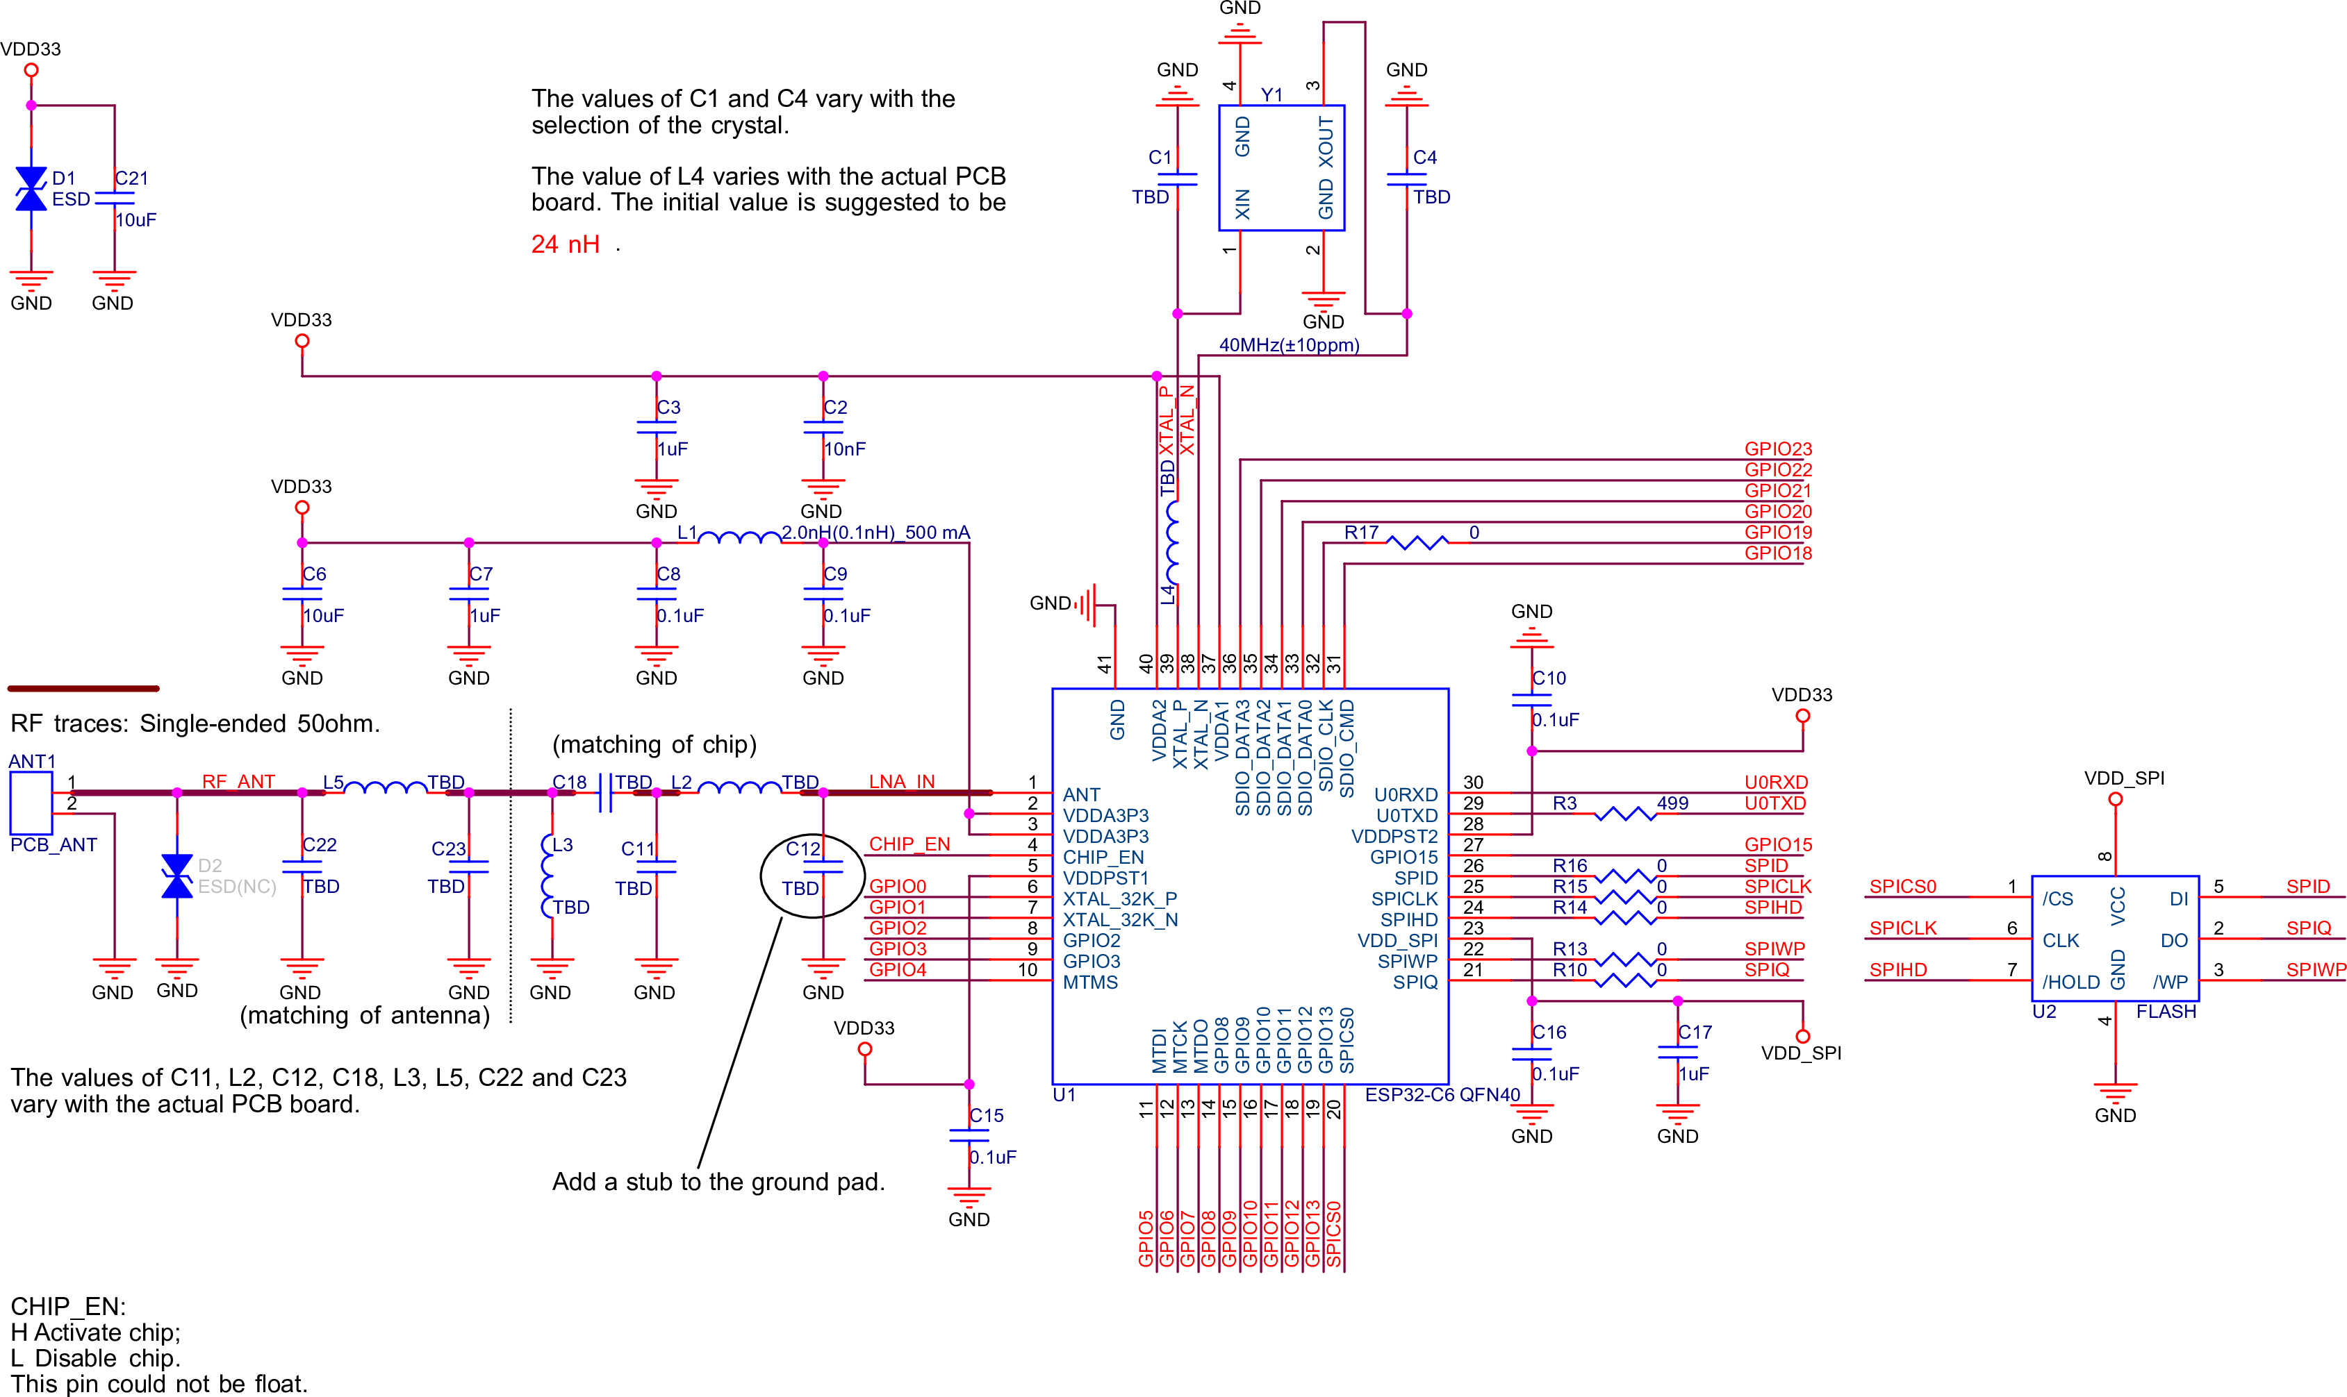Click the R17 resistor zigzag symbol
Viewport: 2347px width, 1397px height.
[1417, 542]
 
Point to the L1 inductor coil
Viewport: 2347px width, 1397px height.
[739, 537]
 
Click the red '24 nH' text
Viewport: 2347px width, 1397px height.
[565, 245]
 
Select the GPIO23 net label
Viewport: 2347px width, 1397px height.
[1777, 449]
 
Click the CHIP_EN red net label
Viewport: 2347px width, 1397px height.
[909, 844]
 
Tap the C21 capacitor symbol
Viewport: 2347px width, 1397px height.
[114, 199]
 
